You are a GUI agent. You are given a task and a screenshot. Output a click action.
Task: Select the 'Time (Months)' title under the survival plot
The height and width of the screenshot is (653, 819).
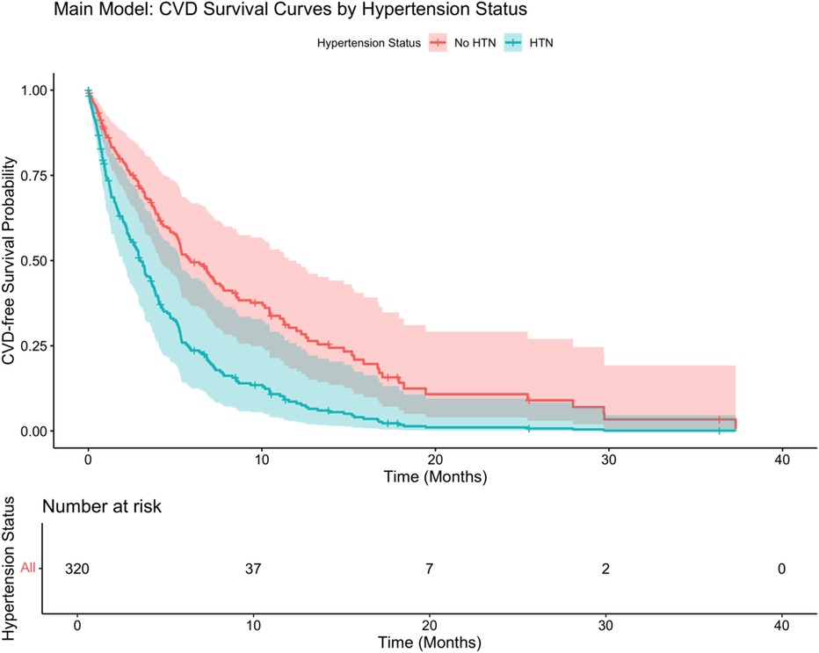435,477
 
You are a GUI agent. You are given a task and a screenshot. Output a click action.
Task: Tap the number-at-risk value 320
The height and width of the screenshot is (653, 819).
77,568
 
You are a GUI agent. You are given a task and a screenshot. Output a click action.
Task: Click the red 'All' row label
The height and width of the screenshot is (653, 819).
29,568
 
